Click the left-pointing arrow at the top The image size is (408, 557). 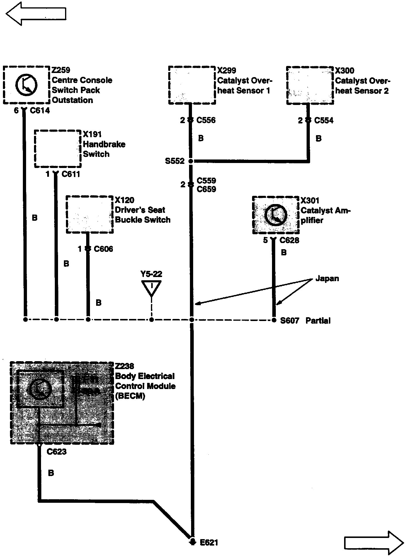tap(35, 13)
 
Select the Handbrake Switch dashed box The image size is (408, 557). tap(58, 149)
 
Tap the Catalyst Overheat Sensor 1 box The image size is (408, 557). tap(192, 85)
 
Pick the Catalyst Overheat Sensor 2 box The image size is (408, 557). tap(310, 85)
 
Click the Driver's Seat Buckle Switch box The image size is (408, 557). tap(90, 215)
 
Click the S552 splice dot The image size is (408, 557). tap(191, 161)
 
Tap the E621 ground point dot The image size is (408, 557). tap(192, 542)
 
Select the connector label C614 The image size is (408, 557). tap(40, 111)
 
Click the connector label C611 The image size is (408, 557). tap(71, 174)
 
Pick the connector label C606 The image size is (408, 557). tap(103, 249)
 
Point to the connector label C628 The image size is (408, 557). tap(289, 240)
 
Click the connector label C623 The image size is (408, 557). tap(57, 452)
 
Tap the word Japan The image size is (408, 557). tap(327, 278)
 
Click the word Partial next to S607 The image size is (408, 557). tap(318, 320)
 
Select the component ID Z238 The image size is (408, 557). tap(125, 366)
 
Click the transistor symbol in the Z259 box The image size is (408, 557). tap(26, 85)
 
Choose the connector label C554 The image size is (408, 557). tap(324, 120)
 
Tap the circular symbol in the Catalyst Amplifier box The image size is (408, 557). tap(275, 215)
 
